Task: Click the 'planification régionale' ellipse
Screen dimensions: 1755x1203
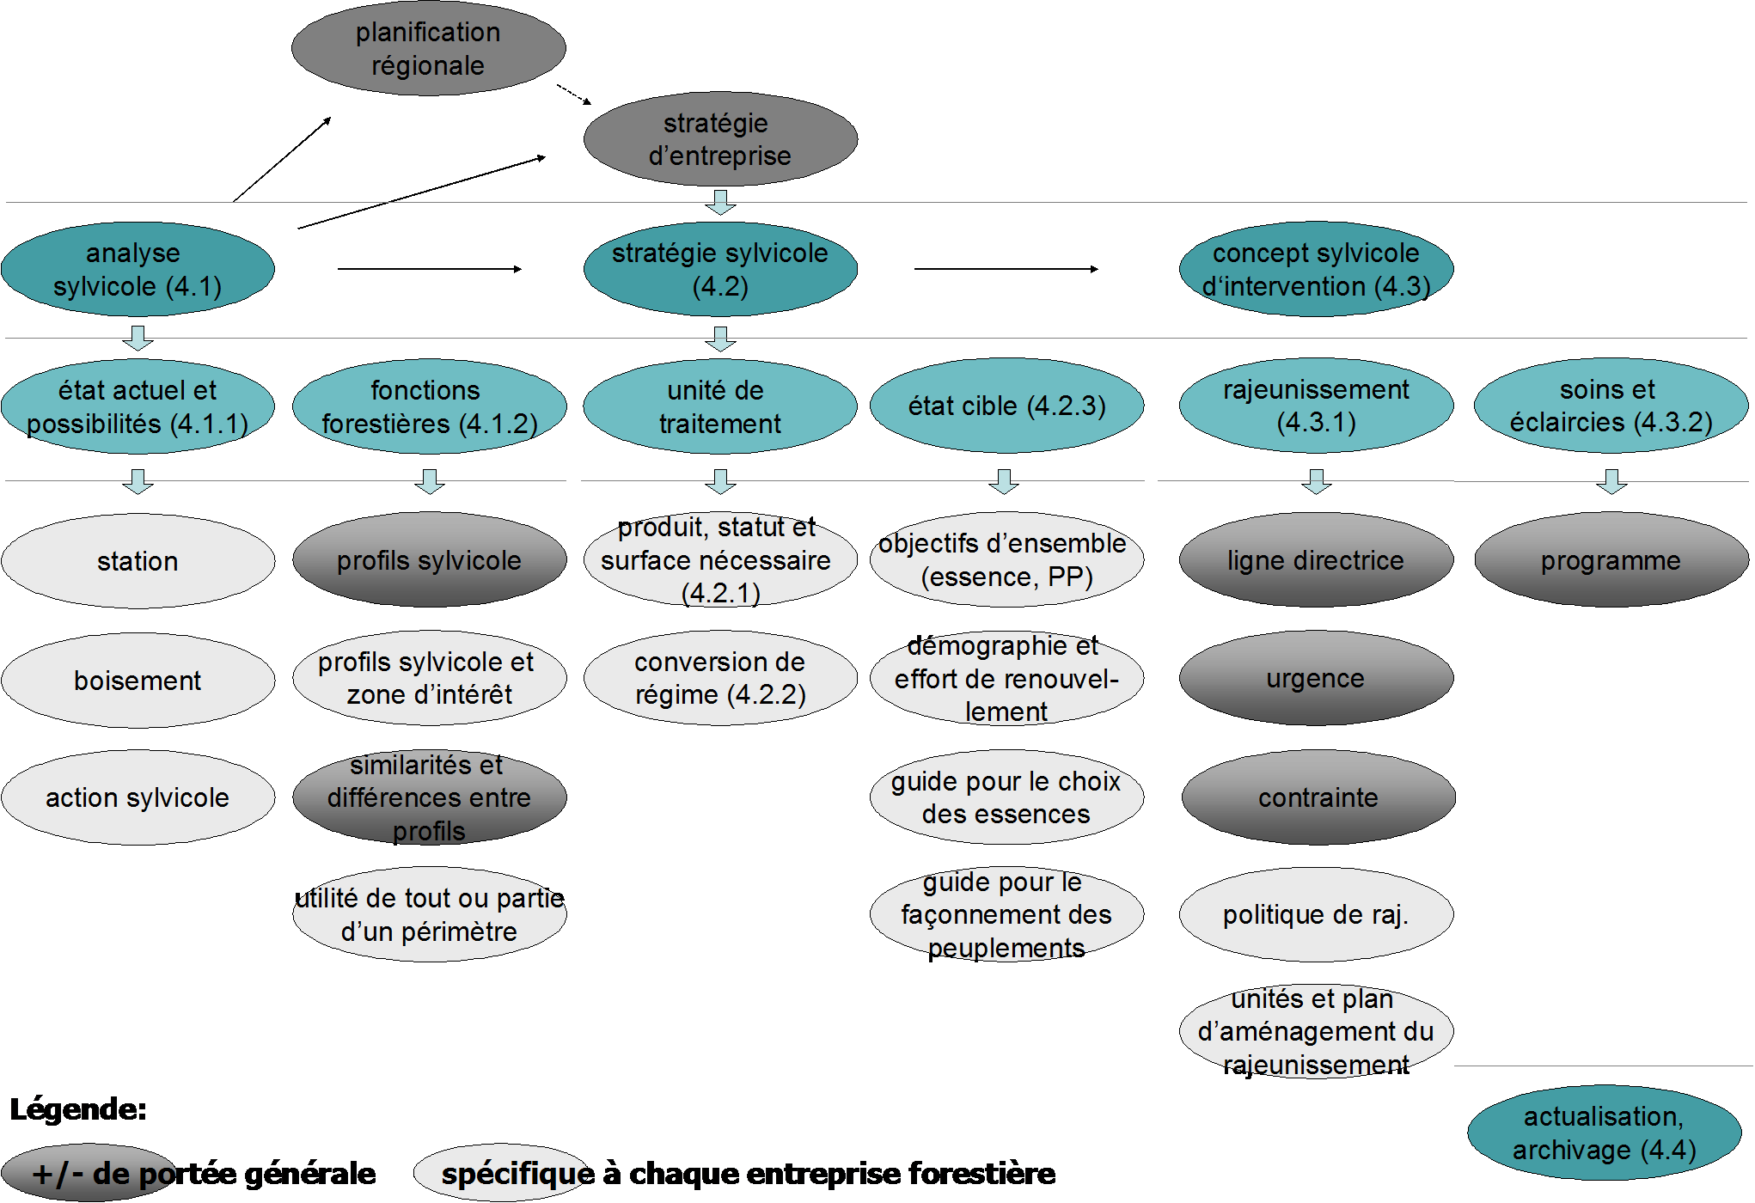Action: [428, 48]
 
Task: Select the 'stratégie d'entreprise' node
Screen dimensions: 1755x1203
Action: [720, 139]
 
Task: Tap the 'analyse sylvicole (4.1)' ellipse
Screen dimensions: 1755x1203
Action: [138, 269]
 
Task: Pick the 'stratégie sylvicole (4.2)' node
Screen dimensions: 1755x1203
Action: [720, 269]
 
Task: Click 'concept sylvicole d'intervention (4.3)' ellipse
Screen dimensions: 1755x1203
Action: [1316, 269]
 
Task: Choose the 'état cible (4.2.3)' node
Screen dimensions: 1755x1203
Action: [1006, 406]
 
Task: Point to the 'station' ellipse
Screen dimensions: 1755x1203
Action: [138, 561]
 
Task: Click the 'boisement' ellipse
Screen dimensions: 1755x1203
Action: [138, 681]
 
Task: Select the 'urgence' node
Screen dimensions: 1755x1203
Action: [1316, 679]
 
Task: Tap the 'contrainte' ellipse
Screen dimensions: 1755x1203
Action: [1318, 797]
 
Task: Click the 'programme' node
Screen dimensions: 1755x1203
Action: [1611, 560]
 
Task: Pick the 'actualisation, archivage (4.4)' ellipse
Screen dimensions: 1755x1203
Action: [1605, 1133]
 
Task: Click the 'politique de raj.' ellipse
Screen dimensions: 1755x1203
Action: [1316, 914]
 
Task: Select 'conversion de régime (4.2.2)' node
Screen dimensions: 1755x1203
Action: [720, 678]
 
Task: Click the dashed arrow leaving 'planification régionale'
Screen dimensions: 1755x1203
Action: [574, 95]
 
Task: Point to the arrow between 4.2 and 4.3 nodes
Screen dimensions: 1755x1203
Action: [1006, 269]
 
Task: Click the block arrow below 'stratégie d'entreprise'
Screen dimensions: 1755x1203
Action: [720, 203]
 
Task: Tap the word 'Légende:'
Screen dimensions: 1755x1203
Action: [78, 1109]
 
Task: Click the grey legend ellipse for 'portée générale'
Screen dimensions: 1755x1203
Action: [89, 1172]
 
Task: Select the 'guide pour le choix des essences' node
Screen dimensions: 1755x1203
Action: [1006, 797]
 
